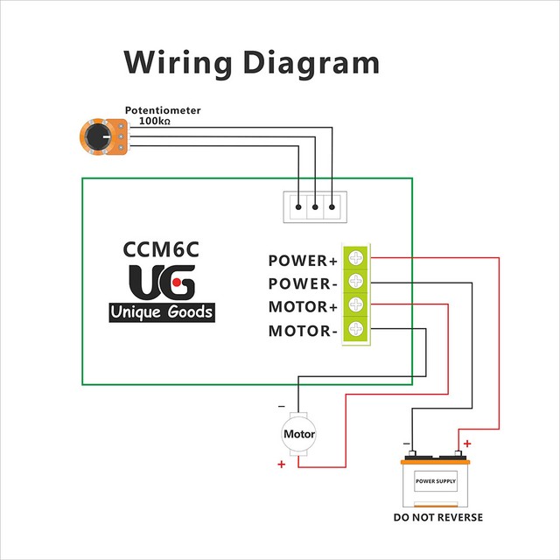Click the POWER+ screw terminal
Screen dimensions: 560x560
[x=356, y=257]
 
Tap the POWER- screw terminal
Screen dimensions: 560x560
[x=356, y=281]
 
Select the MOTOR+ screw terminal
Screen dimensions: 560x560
[x=356, y=304]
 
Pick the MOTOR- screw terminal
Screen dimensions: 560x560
[x=356, y=328]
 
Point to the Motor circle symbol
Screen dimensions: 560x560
[x=299, y=434]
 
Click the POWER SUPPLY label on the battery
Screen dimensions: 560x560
[x=436, y=481]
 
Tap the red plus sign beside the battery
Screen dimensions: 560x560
[x=467, y=444]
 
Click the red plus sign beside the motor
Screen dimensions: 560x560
[x=282, y=464]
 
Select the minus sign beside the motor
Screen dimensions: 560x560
[x=282, y=406]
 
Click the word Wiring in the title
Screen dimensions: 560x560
[x=178, y=62]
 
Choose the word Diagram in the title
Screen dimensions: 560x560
[x=311, y=62]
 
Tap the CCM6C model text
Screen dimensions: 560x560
[x=161, y=249]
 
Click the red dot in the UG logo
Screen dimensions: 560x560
[x=177, y=283]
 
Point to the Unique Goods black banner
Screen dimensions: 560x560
[x=162, y=312]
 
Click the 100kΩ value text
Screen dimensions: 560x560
[x=154, y=121]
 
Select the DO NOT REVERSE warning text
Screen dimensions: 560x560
[x=438, y=517]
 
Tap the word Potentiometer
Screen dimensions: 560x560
[x=163, y=110]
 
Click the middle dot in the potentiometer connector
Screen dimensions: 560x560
[x=315, y=207]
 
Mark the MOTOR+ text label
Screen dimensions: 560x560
[x=303, y=307]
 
